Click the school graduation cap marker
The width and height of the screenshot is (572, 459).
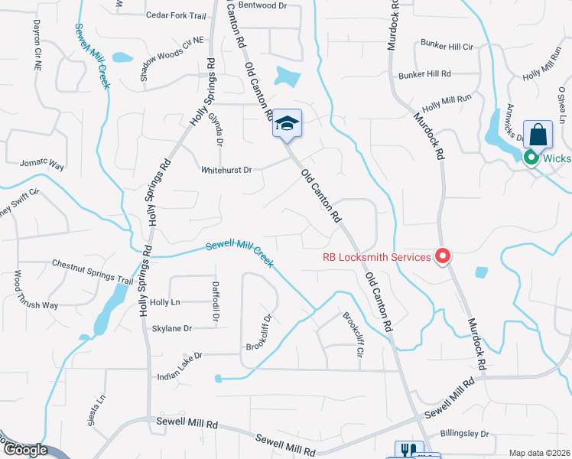(x=287, y=124)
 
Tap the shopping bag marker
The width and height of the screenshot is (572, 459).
(x=538, y=134)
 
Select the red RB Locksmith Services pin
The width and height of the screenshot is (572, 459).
(x=442, y=256)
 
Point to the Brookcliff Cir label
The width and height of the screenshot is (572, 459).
(x=353, y=334)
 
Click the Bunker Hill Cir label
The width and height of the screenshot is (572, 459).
(x=447, y=47)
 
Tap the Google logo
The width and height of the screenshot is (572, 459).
(x=25, y=450)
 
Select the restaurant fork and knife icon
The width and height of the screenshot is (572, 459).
(x=406, y=451)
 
